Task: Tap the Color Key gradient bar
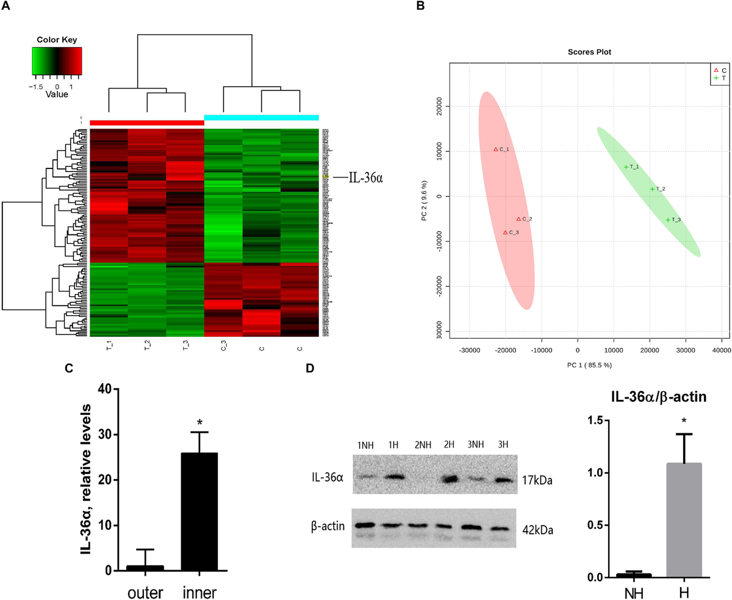57,60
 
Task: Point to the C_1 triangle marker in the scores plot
495,149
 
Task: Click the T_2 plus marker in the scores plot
652,189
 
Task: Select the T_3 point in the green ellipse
668,220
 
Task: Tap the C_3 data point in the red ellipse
505,233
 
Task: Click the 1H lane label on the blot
392,444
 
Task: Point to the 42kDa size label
537,530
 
